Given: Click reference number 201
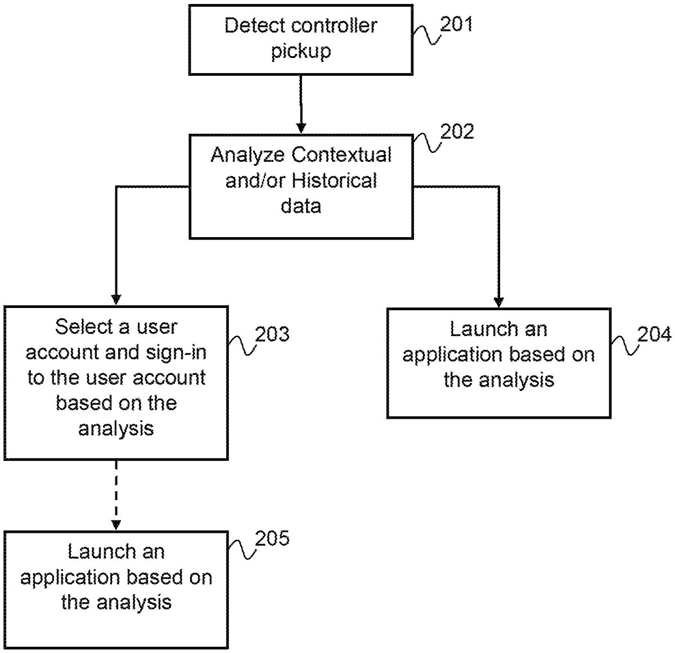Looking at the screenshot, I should [456, 24].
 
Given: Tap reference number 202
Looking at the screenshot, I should [457, 132].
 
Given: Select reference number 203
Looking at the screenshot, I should [272, 334].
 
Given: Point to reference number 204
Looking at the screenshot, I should [654, 334].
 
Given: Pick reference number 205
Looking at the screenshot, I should [272, 538].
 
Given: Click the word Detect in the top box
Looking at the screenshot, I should [251, 25].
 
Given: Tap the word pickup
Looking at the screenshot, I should [301, 51].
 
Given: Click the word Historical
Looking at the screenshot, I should [335, 180].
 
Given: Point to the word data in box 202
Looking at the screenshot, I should [301, 206].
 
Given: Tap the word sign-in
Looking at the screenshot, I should [176, 352].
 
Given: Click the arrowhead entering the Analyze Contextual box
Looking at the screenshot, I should [301, 128].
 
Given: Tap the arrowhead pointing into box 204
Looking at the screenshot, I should [498, 302].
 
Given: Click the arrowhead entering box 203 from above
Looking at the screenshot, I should [116, 300].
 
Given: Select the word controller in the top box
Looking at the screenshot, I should [335, 25].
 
